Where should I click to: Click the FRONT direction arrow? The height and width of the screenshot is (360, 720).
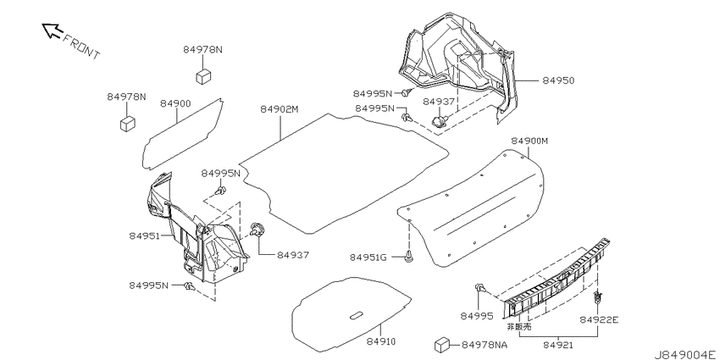pos(52,30)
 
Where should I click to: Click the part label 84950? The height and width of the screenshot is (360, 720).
pos(558,80)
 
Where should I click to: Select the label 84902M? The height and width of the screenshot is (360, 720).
pos(280,109)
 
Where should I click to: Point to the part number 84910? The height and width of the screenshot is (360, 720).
pos(381,341)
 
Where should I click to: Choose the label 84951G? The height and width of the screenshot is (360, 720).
pos(368,258)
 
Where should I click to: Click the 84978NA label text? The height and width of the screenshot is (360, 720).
pos(484,345)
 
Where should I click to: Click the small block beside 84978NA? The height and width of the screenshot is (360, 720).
pos(441,346)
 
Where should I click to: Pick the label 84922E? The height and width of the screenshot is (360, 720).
pos(598,319)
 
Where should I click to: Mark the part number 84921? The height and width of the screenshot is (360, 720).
pos(558,344)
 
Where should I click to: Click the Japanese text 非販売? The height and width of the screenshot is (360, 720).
pos(518,327)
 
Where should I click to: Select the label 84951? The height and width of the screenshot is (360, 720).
pos(144,236)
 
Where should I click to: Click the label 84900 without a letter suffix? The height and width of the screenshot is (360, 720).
pos(175,104)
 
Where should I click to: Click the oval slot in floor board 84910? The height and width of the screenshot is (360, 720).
pos(357,315)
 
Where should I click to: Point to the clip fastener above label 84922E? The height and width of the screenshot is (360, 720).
pos(597,298)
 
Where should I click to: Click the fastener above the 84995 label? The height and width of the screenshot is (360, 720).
pos(480,288)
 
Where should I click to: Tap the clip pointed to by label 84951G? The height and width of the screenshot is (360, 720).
pos(408,258)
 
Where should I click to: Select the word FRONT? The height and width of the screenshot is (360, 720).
pos(80,47)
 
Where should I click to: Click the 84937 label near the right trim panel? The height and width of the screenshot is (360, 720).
pos(439,102)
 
